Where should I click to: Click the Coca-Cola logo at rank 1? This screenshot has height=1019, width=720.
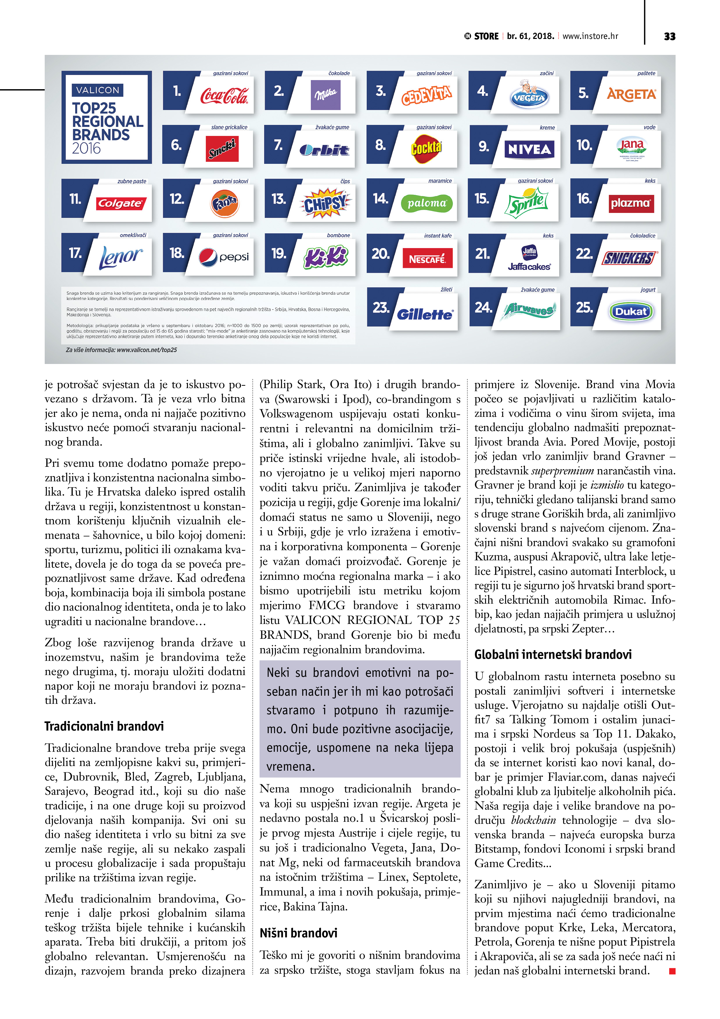coord(224,95)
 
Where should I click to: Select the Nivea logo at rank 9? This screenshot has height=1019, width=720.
coord(529,150)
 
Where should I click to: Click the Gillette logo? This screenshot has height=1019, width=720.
coord(425,314)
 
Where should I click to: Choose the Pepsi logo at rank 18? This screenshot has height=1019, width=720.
coord(224,257)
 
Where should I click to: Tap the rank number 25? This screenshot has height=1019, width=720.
coord(584,308)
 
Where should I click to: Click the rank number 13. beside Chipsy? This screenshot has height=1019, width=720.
coord(279,199)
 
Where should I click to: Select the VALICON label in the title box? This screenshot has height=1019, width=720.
coord(98,90)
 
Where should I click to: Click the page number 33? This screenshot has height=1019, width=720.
coord(669,36)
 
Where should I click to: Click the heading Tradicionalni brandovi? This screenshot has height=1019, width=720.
coord(104,726)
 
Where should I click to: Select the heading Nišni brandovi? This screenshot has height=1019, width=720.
coord(298,933)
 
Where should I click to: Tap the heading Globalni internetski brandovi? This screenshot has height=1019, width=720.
coord(553,654)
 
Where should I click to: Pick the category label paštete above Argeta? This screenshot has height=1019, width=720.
coord(646,73)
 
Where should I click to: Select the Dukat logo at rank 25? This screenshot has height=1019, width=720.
coord(631,312)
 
